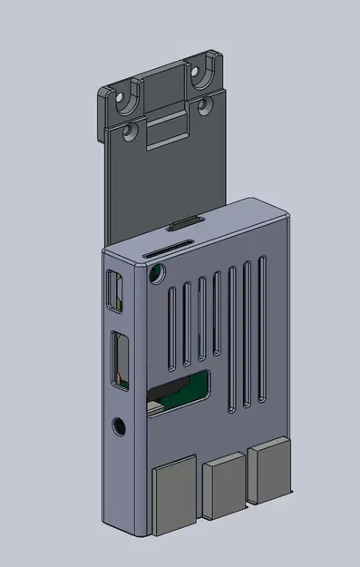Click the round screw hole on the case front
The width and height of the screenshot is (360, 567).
156,273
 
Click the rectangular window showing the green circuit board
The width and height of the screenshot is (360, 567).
179,393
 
